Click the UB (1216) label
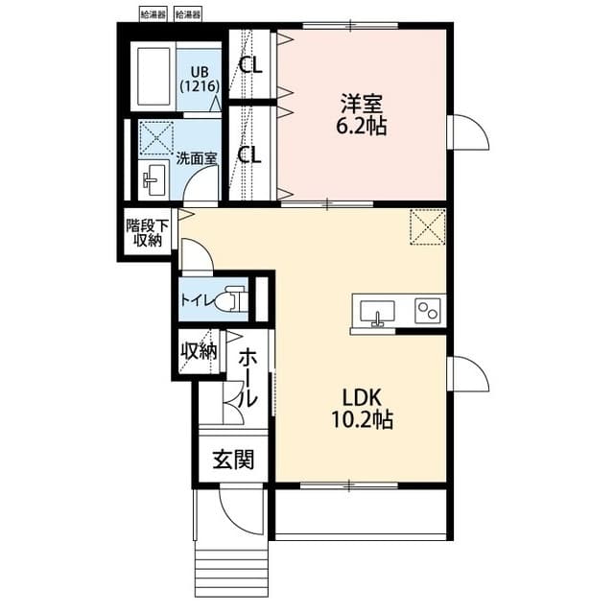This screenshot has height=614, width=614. point(200,78)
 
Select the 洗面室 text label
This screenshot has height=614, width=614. point(195,158)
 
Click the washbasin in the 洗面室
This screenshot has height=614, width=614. point(153,178)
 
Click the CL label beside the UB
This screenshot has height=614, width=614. point(251,65)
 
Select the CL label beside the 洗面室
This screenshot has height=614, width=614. point(251,154)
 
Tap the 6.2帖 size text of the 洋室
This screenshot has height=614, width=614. point(364,125)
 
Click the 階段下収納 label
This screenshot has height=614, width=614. point(147,233)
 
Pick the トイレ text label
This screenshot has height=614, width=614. point(197,300)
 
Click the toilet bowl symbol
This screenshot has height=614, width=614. point(230,301)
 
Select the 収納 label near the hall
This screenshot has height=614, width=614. point(199,351)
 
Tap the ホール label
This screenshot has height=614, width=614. point(248,377)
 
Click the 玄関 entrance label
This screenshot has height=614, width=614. point(233,460)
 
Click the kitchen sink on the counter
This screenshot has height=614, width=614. point(377,312)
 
